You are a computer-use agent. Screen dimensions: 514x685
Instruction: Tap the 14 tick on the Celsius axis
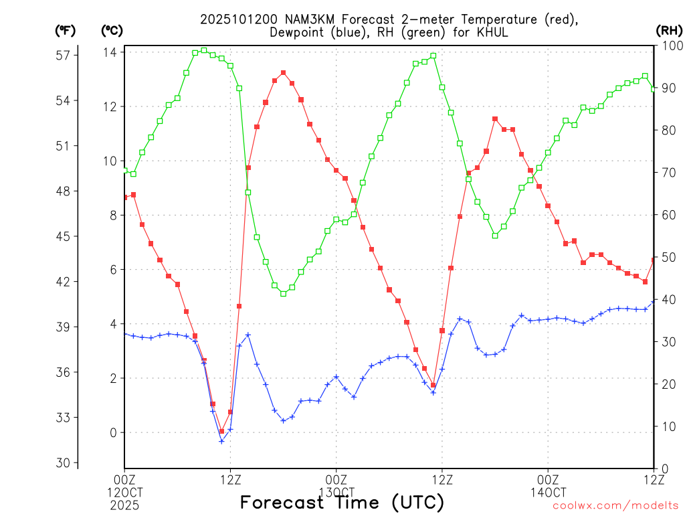tap(110, 52)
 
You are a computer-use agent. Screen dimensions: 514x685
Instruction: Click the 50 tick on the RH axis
tap(668, 257)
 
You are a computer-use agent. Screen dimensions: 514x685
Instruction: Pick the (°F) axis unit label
tap(66, 30)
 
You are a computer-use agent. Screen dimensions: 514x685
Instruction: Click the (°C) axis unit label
tap(111, 30)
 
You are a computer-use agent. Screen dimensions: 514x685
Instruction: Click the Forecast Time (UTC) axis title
tap(342, 502)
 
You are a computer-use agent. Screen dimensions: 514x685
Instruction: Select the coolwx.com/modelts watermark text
tap(615, 505)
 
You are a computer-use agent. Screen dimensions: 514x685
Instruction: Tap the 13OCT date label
tap(336, 492)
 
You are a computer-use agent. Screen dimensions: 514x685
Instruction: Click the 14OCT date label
tap(548, 492)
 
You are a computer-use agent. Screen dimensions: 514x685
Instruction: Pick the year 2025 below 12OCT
tap(124, 503)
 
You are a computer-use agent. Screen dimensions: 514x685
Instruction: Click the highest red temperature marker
tap(284, 73)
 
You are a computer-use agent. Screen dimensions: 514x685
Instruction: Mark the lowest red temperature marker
tap(221, 432)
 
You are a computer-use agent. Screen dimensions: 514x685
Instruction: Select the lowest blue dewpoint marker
tap(221, 442)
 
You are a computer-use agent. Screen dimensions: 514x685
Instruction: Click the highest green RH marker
tap(204, 51)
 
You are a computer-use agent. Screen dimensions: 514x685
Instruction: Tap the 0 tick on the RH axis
tap(664, 468)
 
